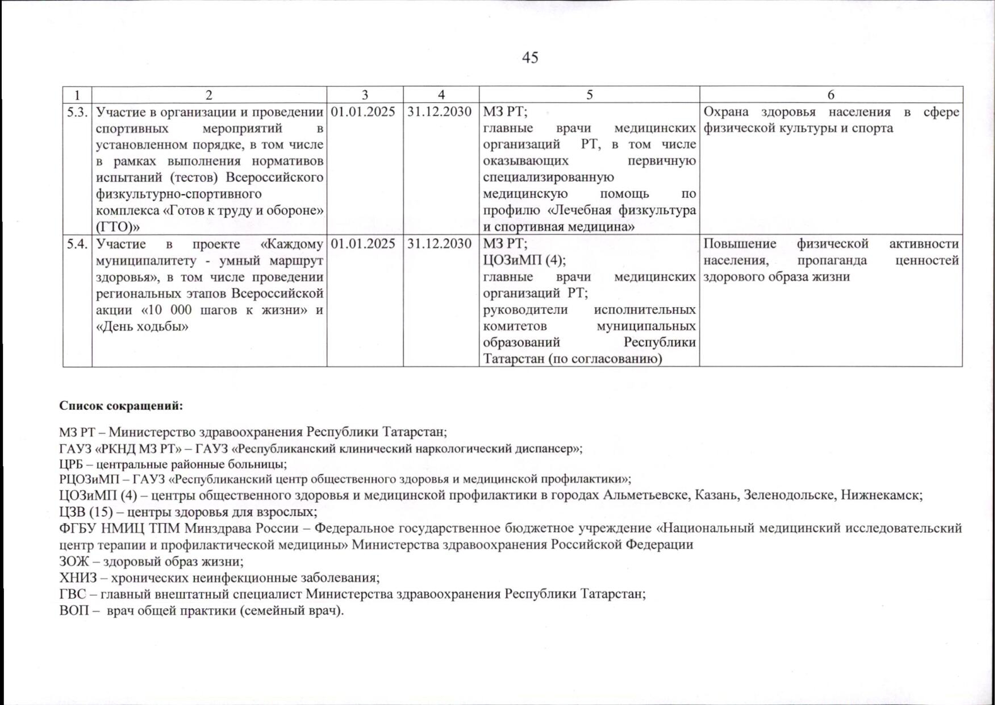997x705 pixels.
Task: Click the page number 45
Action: coord(529,57)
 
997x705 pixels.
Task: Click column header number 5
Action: coord(589,95)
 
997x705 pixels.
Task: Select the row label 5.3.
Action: coord(77,112)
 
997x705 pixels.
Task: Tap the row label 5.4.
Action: coord(77,244)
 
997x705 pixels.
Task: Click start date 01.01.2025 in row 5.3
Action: coord(362,112)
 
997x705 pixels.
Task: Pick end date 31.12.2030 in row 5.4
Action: coord(440,244)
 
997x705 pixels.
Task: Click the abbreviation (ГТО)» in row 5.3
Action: coord(118,227)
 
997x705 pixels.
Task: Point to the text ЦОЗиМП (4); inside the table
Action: coord(524,260)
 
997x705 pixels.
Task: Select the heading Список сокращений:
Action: coord(121,407)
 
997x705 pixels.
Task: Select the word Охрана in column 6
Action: coord(725,112)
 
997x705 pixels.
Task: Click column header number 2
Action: coord(209,95)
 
